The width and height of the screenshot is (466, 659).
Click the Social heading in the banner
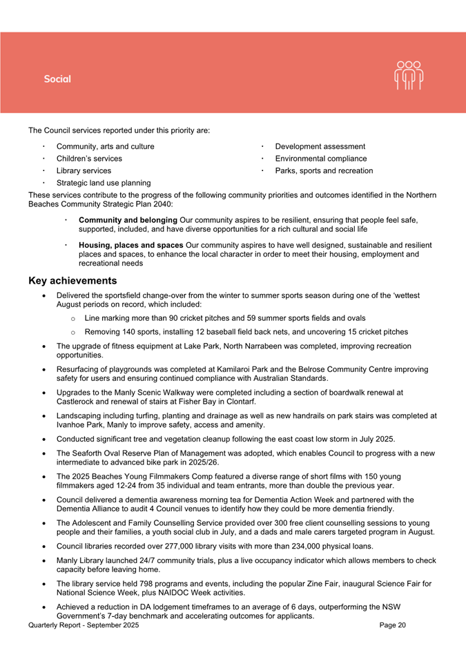click(x=57, y=79)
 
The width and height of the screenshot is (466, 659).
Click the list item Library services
click(x=84, y=170)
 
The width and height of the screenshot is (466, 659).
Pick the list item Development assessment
click(x=320, y=146)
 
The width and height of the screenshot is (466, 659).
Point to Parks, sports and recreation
click(x=324, y=170)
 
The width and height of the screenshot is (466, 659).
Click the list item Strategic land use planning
click(x=104, y=183)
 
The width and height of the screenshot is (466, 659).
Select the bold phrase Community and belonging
click(x=128, y=220)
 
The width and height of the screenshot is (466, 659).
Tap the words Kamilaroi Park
click(x=273, y=370)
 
